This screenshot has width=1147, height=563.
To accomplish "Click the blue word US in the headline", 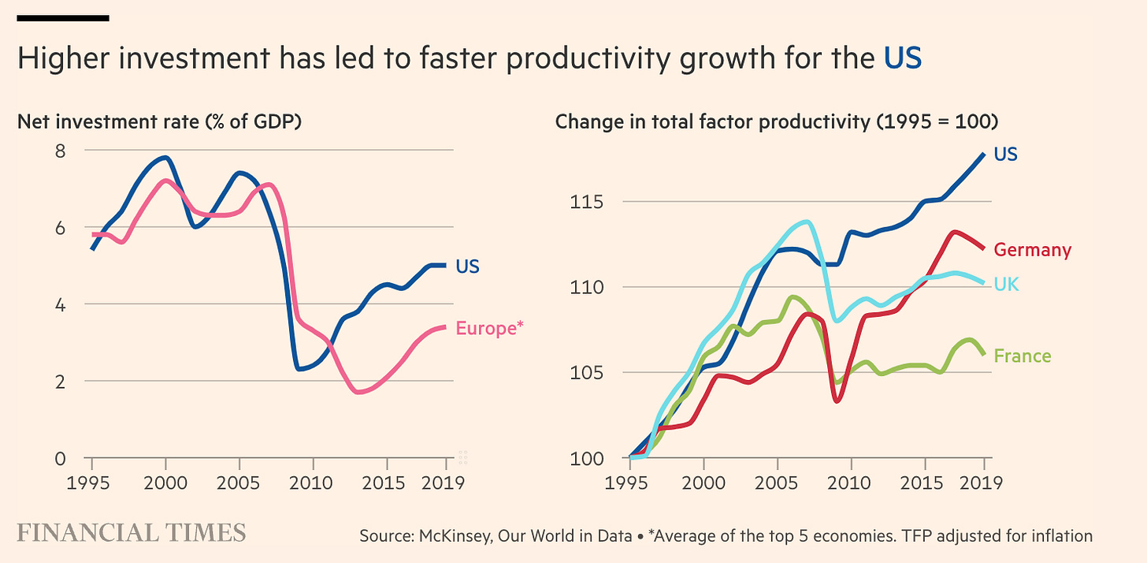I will [902, 60].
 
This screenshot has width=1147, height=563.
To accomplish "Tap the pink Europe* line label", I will [490, 327].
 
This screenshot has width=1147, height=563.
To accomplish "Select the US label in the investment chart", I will [467, 267].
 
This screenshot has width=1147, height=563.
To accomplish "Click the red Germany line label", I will [1032, 250].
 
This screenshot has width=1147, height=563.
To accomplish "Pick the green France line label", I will [1022, 356].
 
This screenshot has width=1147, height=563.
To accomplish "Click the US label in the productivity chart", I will [1005, 154].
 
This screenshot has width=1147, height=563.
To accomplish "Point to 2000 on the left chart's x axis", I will [165, 482].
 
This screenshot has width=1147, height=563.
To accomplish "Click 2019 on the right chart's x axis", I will [983, 482].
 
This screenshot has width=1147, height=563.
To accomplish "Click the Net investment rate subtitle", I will [159, 122].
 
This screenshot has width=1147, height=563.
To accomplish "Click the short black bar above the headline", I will [62, 17].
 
